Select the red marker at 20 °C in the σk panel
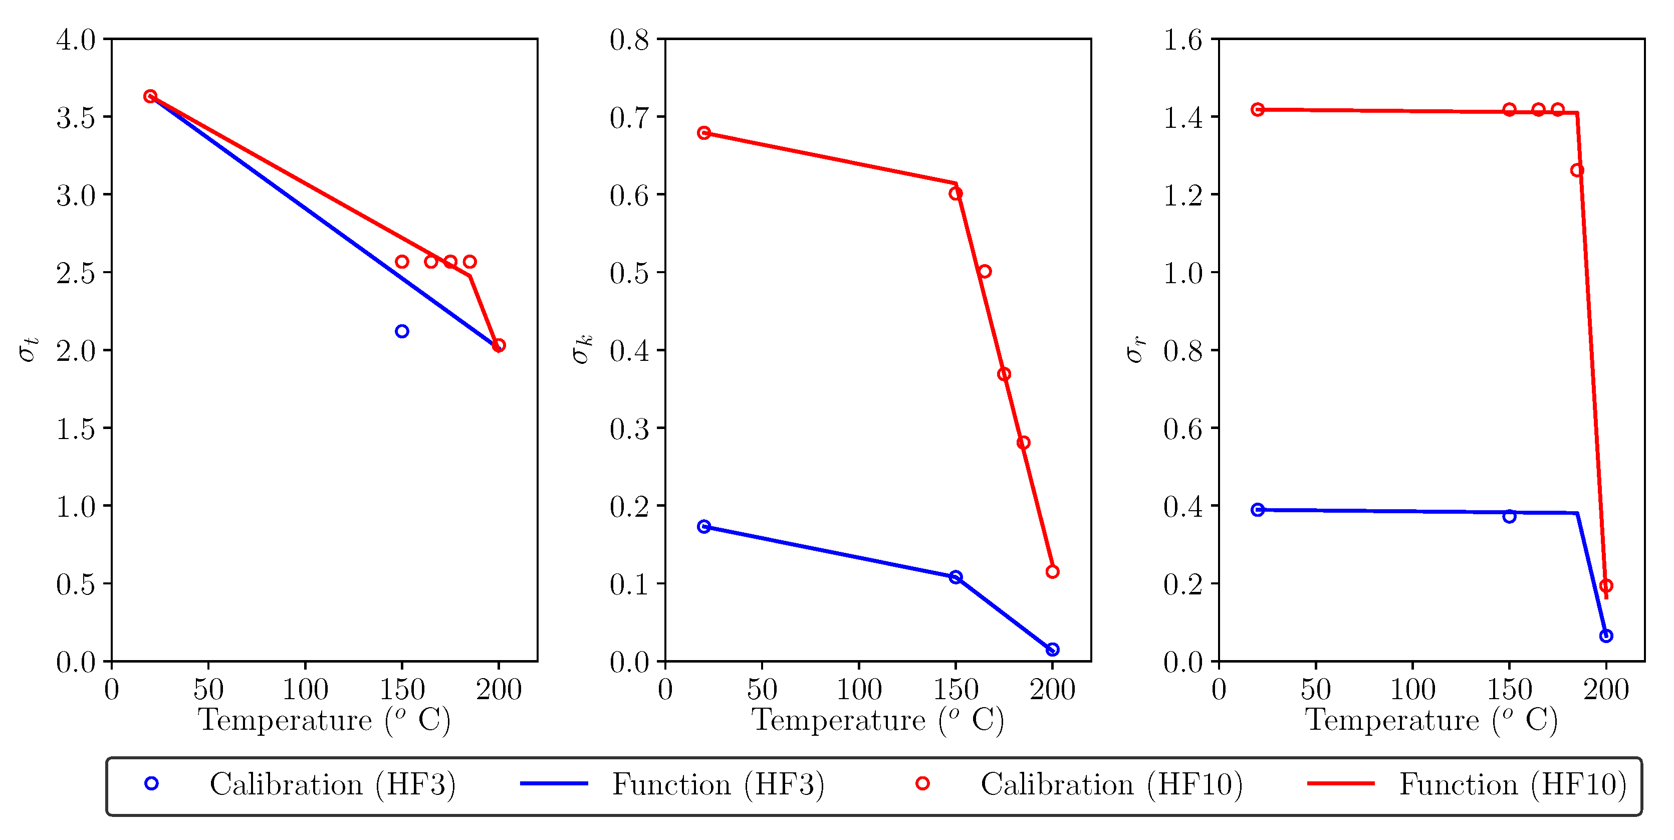point(704,133)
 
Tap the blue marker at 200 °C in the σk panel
point(1053,649)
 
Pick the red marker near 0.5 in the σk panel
point(985,271)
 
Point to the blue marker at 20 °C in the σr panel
point(1258,510)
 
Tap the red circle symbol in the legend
point(922,783)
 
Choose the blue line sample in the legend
point(554,783)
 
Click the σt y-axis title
point(29,350)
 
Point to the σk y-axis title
point(582,350)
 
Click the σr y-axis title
point(1135,350)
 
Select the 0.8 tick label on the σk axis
point(629,40)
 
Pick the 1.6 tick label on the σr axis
point(1182,40)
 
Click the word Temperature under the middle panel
point(838,720)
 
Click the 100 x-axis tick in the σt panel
point(305,690)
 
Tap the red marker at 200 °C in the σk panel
point(1053,571)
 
